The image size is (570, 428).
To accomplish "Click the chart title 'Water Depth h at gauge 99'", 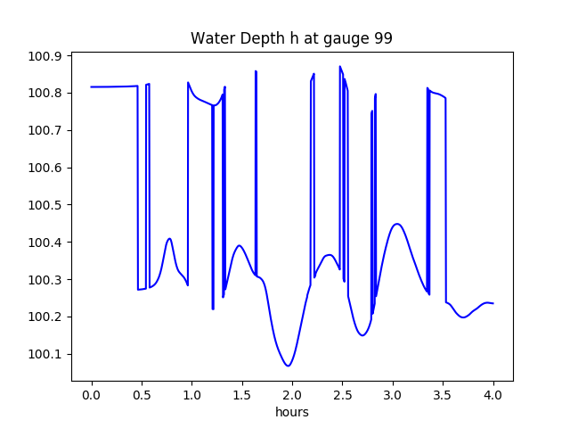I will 291,39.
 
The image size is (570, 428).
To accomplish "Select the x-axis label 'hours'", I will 291,412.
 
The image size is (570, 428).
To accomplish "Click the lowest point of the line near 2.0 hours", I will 288,366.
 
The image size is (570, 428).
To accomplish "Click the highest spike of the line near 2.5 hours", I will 340,66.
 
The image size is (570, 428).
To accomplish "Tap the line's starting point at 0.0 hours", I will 92,86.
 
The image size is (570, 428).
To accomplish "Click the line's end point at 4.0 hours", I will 493,303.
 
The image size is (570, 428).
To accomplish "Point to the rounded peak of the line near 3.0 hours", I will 396,224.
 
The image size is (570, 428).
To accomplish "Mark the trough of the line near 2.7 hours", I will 362,335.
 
